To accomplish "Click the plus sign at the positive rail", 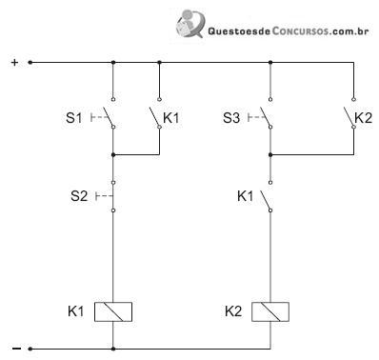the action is click(14, 62).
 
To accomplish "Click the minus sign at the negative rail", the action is click(16, 349).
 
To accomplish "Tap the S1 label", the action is click(73, 118).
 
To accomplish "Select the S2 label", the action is click(79, 196).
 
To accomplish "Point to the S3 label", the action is click(231, 118).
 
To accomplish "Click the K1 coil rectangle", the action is click(113, 311).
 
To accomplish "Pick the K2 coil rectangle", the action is click(270, 311).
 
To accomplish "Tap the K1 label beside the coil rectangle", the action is click(76, 311).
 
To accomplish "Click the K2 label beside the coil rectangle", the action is click(233, 311).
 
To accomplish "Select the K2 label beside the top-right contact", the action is click(364, 118).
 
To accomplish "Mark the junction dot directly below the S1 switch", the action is click(113, 154).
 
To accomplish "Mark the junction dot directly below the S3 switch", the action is click(270, 154).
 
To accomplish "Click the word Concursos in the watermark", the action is click(300, 31).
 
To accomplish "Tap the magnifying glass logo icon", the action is click(189, 23).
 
